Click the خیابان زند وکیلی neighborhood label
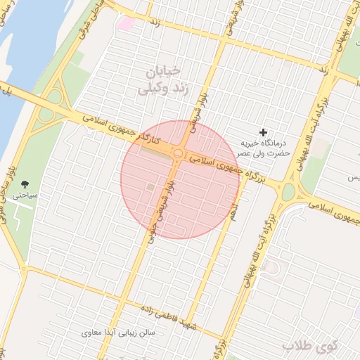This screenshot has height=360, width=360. pos(162,80)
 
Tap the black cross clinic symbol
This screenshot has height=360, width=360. pos(264,132)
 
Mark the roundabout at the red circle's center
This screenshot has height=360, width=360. pos(179,153)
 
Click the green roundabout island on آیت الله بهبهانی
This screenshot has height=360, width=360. pos(289,192)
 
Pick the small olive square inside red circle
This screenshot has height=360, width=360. pos(150,186)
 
